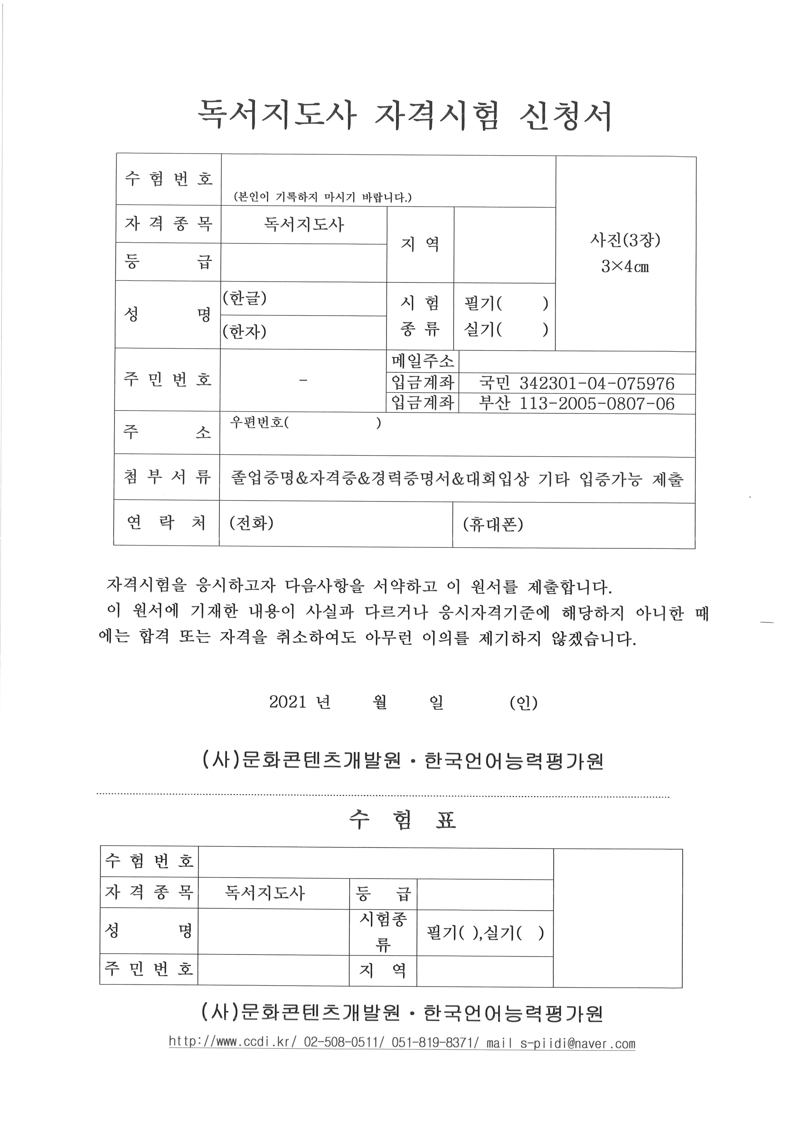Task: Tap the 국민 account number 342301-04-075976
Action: point(597,384)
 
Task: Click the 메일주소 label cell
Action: point(423,362)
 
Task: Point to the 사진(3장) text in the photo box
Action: point(625,240)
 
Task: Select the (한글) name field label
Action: point(244,298)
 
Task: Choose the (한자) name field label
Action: point(244,331)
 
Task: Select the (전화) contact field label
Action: point(252,523)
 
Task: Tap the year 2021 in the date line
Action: point(287,702)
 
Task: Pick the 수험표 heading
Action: point(402,820)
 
